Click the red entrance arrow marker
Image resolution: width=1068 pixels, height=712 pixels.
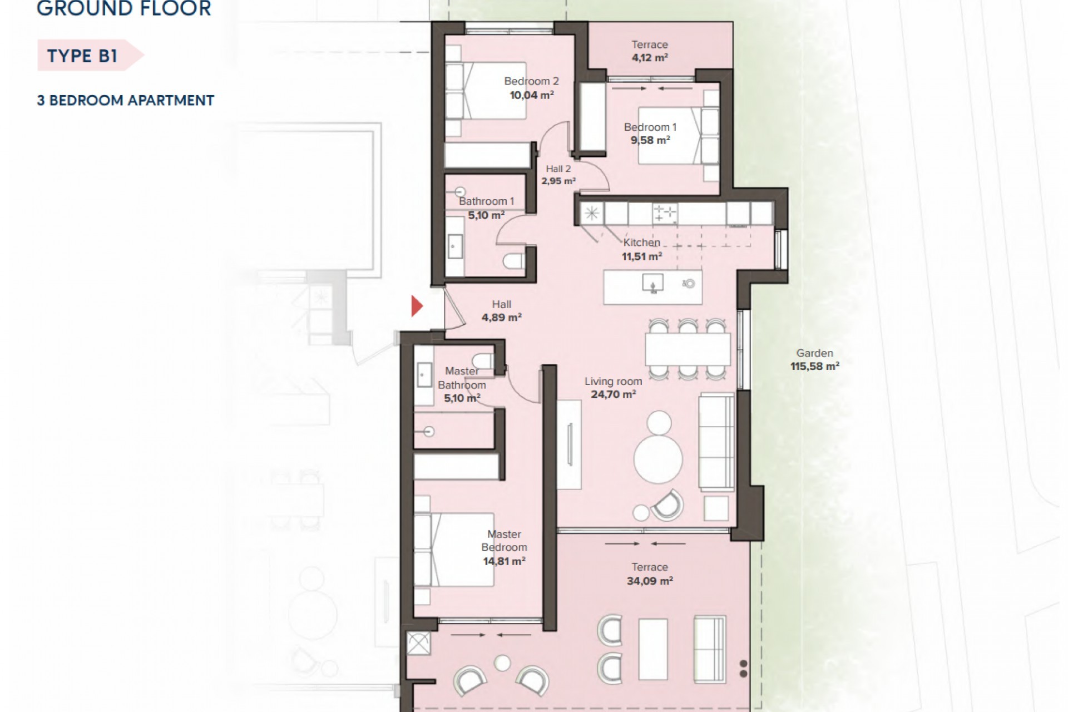point(417,306)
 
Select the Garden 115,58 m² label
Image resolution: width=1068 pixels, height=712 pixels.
point(814,359)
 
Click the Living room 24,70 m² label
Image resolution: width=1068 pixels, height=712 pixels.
point(613,388)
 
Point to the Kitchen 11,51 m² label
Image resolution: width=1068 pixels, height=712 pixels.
point(641,249)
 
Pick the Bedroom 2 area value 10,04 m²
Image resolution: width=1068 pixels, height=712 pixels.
point(531,95)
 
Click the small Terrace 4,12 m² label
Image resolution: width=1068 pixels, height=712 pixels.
point(649,51)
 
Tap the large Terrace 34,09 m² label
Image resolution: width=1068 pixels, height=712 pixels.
point(649,573)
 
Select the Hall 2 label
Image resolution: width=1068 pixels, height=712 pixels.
point(558,169)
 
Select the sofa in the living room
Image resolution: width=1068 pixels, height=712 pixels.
point(716,442)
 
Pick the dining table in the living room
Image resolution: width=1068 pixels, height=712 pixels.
point(688,349)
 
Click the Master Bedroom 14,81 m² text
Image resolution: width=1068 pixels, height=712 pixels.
point(504,547)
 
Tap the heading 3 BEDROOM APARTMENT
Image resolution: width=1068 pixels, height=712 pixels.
point(126,101)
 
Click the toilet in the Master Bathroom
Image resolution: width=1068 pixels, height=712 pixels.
point(482,361)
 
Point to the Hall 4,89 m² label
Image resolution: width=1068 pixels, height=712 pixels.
point(501,311)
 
